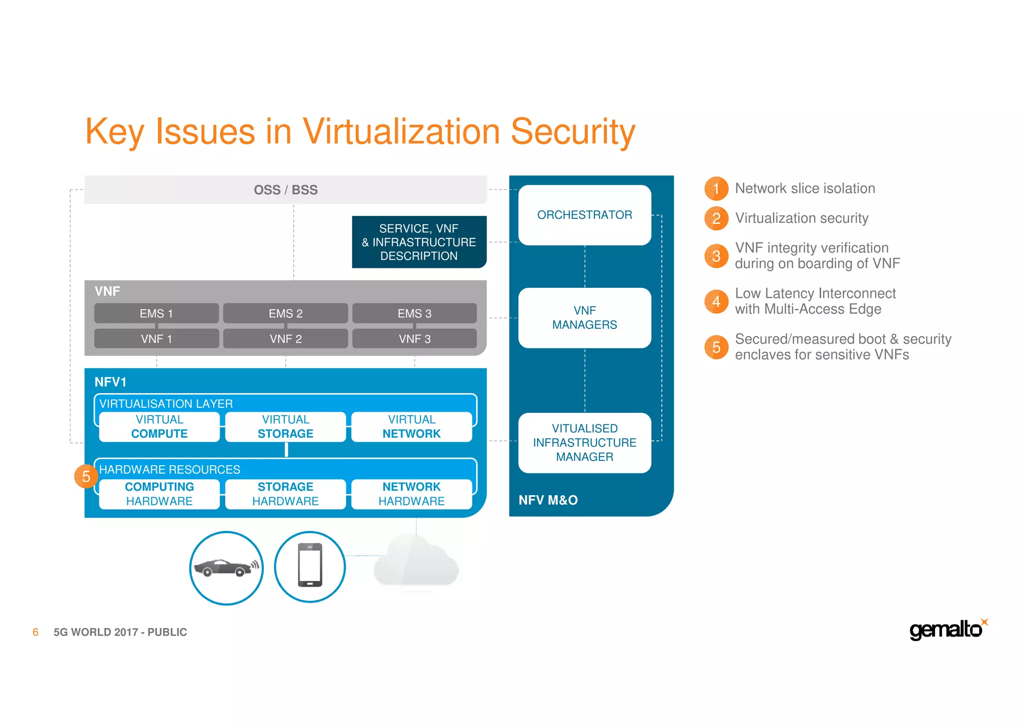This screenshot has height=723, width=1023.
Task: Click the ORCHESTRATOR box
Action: [584, 215]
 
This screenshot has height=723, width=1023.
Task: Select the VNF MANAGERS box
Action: [584, 318]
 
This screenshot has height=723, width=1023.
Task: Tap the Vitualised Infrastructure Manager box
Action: [584, 443]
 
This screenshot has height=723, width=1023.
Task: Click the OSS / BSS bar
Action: [285, 190]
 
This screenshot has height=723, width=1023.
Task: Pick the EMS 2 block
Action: [285, 313]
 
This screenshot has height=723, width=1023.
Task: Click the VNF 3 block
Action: [414, 339]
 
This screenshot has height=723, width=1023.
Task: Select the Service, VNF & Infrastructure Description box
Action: [419, 242]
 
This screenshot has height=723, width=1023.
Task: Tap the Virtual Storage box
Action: [285, 427]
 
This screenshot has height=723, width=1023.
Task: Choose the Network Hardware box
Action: [411, 494]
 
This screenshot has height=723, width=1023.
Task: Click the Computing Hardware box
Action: [159, 494]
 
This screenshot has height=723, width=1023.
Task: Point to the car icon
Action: [226, 568]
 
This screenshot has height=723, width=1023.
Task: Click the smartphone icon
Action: [310, 567]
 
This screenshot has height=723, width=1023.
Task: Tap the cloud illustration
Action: [416, 561]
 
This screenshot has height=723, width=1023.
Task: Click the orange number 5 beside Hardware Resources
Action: [86, 476]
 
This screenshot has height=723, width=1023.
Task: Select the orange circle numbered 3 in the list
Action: [716, 256]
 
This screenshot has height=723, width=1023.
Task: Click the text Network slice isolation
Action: [805, 188]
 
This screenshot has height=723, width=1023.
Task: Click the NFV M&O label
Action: [548, 500]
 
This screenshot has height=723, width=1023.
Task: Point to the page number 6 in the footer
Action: [35, 632]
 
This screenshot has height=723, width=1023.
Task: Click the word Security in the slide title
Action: [572, 132]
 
